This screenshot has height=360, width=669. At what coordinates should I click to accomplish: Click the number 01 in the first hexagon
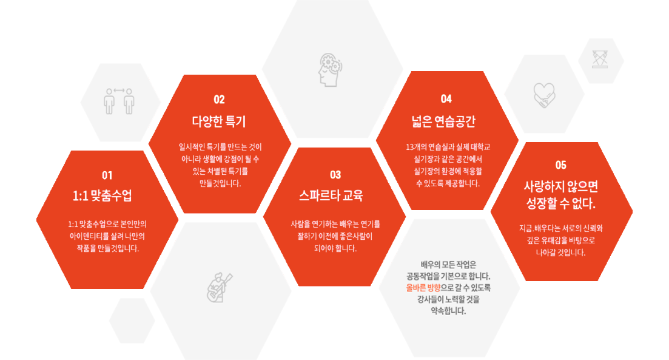[107, 175]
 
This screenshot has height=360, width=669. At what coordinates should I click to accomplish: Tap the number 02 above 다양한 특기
[219, 100]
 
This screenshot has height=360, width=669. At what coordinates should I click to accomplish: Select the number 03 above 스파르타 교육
[335, 175]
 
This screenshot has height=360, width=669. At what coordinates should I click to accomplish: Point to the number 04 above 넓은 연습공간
[446, 98]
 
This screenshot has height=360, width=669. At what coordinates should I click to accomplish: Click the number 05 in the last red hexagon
[560, 165]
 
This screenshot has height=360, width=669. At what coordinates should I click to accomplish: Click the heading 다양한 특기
[219, 120]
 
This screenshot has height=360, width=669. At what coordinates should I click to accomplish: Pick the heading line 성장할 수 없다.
[561, 202]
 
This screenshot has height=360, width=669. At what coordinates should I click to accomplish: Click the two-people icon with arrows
[119, 101]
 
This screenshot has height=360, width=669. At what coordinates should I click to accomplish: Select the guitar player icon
[219, 287]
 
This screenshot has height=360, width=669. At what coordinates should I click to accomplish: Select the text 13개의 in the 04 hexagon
[415, 147]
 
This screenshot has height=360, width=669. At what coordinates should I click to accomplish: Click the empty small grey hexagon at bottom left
[132, 320]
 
